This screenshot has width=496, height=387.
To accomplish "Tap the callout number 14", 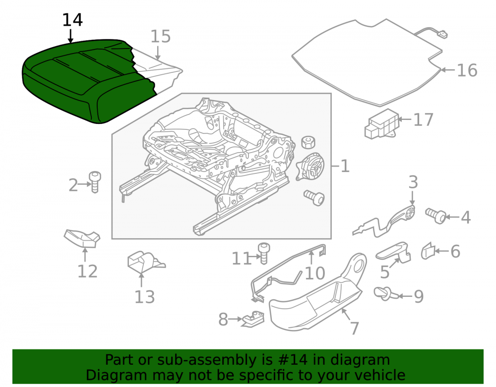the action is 72,20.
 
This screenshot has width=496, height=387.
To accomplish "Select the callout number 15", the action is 160,36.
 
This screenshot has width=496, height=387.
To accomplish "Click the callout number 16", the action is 467,70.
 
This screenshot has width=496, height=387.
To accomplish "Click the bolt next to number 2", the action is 95,182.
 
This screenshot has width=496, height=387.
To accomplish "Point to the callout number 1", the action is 345,166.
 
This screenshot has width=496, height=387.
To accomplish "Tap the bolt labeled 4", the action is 436,216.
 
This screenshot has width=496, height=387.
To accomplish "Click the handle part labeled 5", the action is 394,252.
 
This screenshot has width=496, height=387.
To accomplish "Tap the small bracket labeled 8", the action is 253,319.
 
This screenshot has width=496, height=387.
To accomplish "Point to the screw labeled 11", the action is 263,253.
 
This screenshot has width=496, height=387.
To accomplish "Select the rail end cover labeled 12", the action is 82,238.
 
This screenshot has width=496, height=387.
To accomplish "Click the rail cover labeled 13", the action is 144,262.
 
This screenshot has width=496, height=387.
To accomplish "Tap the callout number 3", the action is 413,182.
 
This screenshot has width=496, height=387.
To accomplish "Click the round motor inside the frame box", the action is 310,167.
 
